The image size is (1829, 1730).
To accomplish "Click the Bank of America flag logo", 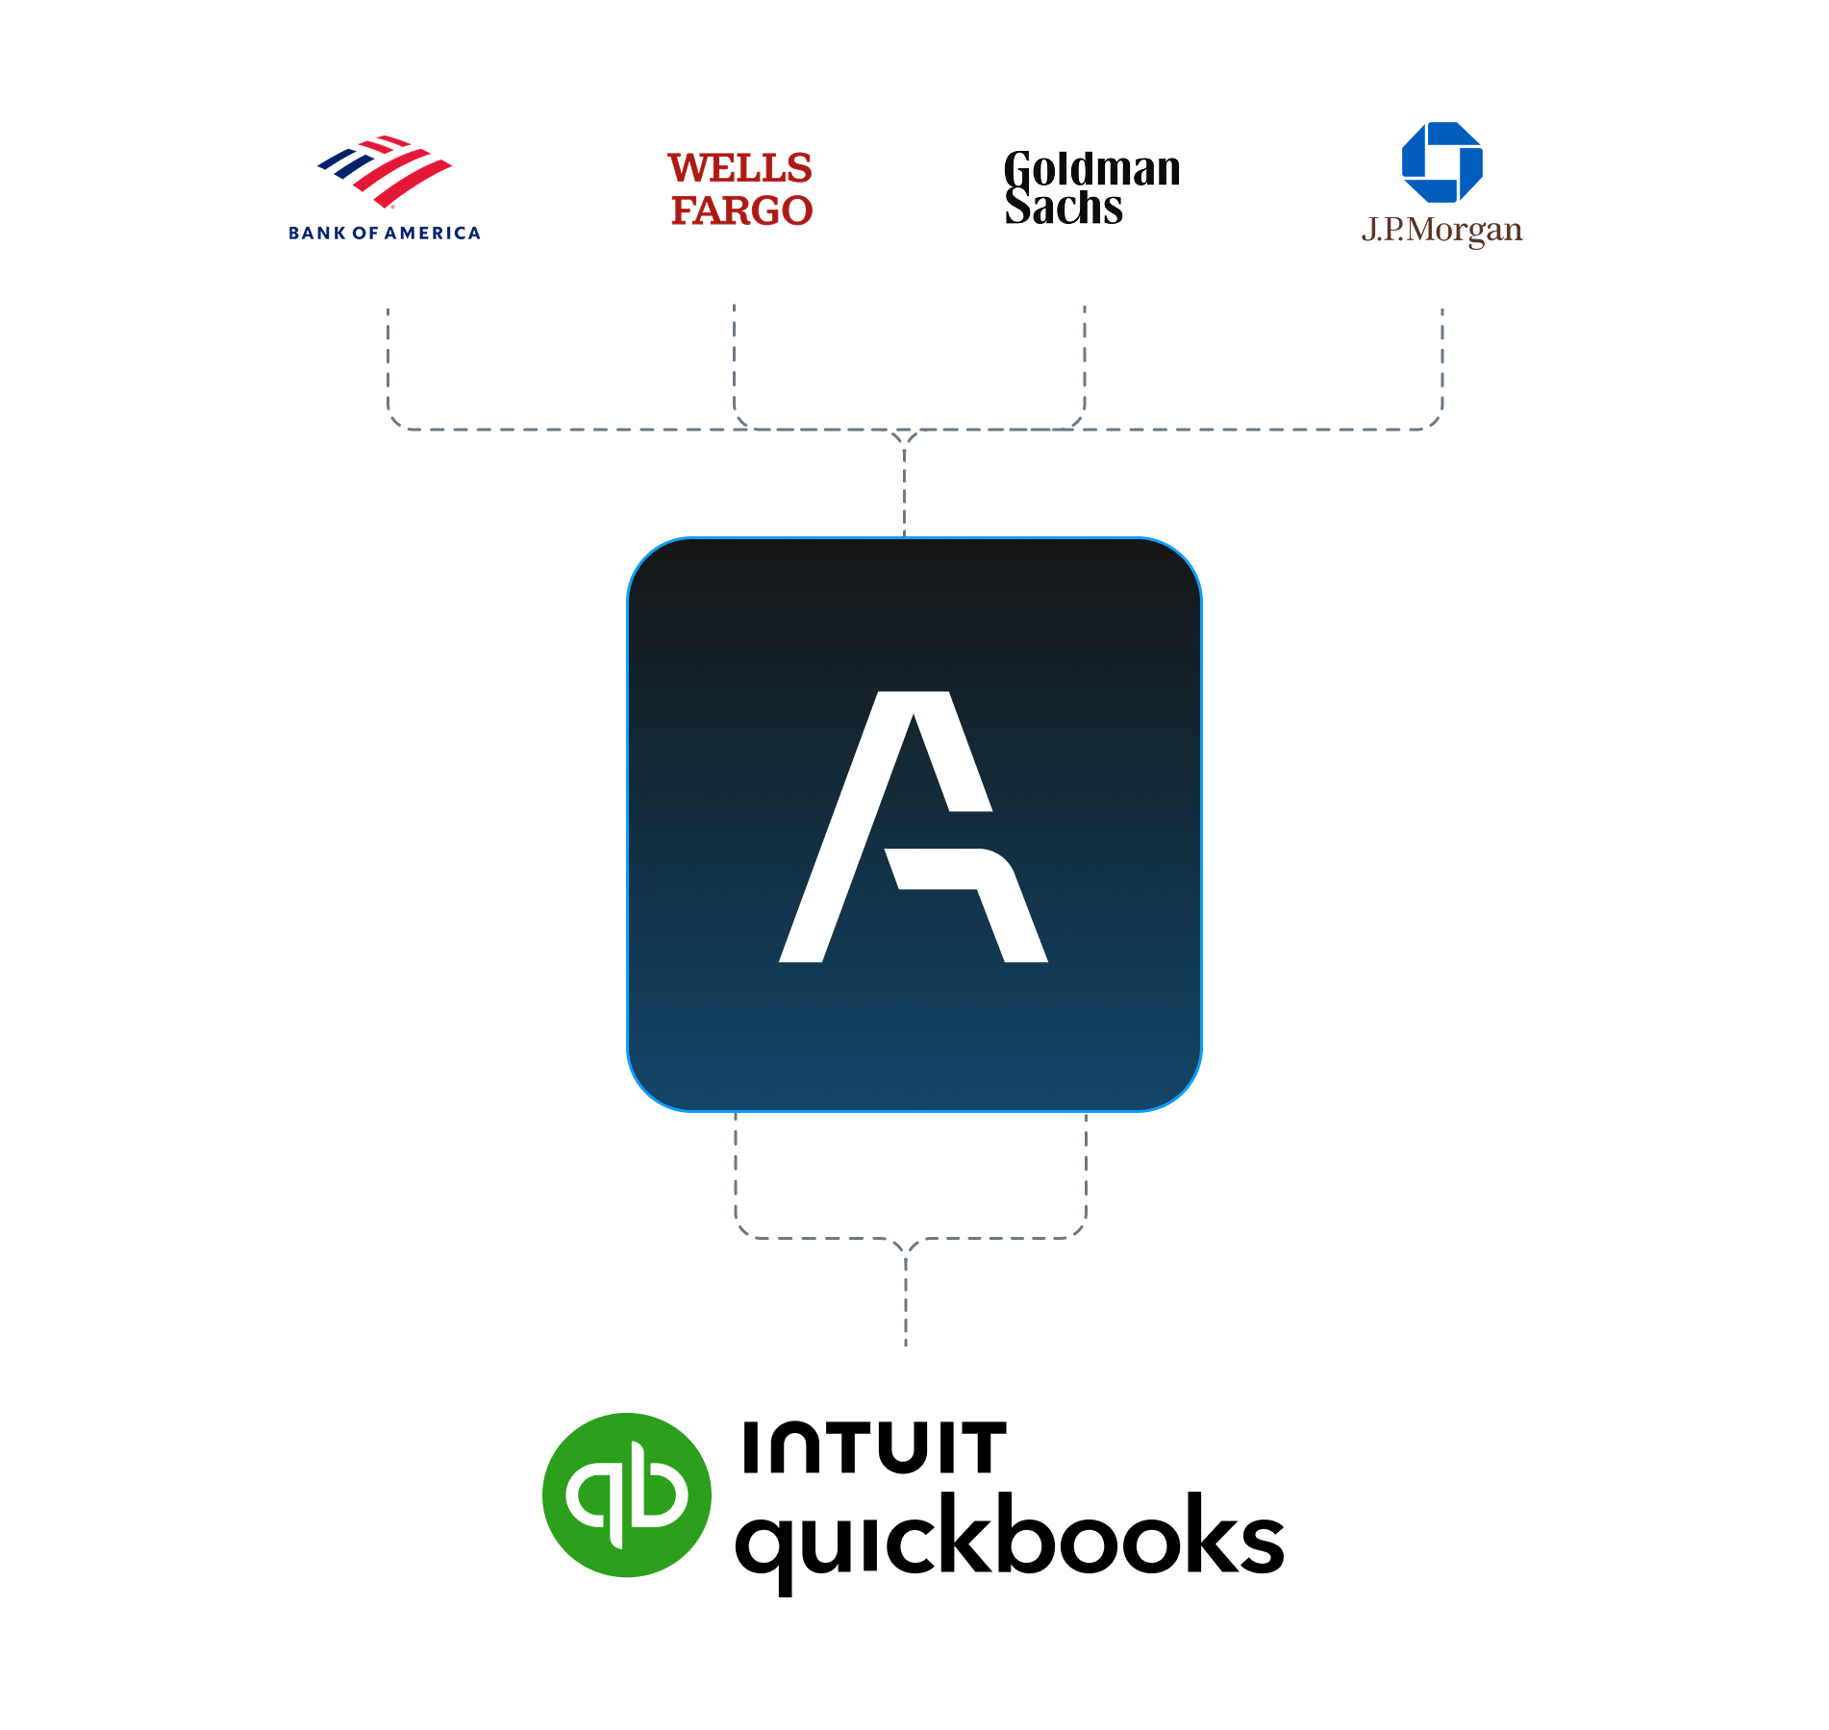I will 385,170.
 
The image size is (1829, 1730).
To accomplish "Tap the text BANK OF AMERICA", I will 385,233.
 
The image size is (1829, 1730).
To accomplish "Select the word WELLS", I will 739,168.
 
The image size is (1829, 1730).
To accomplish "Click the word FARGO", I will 741,210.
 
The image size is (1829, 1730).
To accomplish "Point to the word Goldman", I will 1091,169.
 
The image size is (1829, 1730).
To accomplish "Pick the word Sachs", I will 1064,207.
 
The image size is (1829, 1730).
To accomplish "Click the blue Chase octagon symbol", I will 1441,161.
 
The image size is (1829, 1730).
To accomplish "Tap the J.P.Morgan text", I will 1441,231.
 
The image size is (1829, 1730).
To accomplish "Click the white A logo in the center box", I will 913,827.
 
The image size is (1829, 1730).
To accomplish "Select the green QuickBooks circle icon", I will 626,1495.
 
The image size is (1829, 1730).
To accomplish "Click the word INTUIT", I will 874,1448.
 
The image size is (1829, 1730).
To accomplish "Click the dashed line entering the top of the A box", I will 904,490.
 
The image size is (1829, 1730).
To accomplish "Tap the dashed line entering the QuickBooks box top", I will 906,1297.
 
